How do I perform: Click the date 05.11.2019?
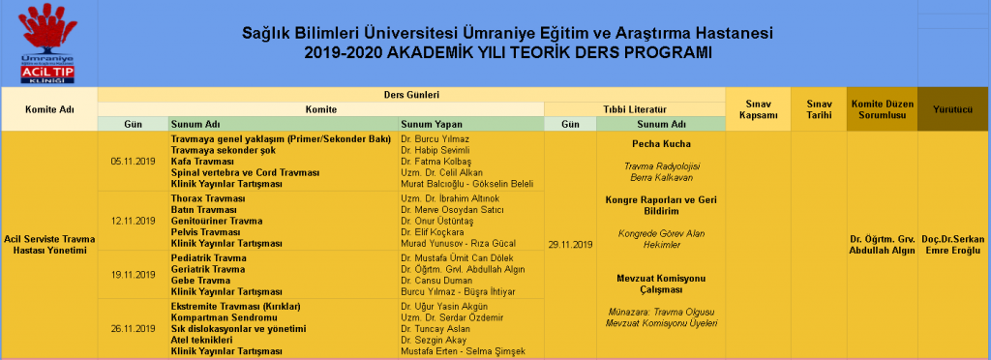pyautogui.click(x=134, y=162)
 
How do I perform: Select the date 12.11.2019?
pyautogui.click(x=134, y=221)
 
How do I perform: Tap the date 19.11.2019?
pyautogui.click(x=134, y=274)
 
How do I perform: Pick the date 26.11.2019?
pyautogui.click(x=134, y=328)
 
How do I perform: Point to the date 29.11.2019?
pyautogui.click(x=570, y=245)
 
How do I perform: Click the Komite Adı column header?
pyautogui.click(x=48, y=109)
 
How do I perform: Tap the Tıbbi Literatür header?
pyautogui.click(x=635, y=109)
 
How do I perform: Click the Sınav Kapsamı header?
pyautogui.click(x=758, y=109)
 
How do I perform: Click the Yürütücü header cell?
pyautogui.click(x=952, y=109)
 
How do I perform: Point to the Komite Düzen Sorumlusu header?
pyautogui.click(x=881, y=109)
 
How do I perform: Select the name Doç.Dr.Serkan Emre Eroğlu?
pyautogui.click(x=952, y=245)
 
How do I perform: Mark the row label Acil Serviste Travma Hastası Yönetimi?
pyautogui.click(x=48, y=245)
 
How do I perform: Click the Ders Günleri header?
pyautogui.click(x=411, y=94)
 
